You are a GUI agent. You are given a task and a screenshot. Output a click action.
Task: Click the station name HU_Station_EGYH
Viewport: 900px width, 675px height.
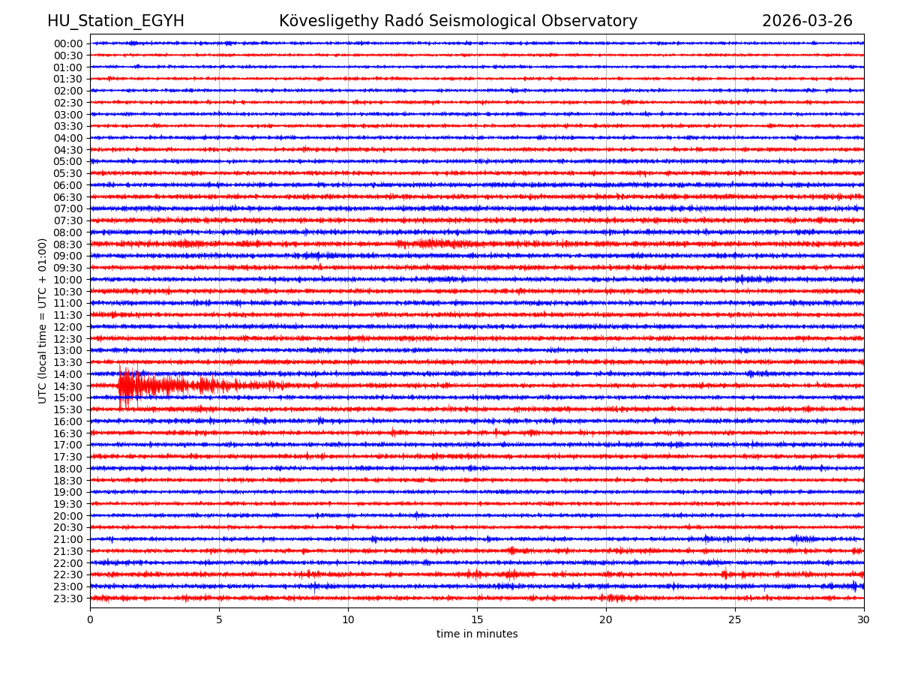click(x=115, y=21)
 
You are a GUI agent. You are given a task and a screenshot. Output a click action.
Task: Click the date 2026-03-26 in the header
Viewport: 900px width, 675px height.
click(x=807, y=21)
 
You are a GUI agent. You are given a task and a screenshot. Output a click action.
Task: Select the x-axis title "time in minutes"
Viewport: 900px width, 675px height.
click(x=477, y=634)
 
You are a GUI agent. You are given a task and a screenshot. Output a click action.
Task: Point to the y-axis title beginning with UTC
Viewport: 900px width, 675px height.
click(x=43, y=320)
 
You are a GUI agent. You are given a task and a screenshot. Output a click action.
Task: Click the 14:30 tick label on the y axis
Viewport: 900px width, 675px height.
click(x=67, y=386)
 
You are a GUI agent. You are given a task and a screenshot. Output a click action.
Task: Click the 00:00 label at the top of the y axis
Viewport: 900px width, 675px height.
click(x=67, y=43)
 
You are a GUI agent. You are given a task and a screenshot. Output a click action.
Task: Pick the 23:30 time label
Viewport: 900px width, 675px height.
click(x=67, y=598)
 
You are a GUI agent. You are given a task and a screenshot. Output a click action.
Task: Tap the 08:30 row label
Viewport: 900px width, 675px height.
click(x=67, y=244)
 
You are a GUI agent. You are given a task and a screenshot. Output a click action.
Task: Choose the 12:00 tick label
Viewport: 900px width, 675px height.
click(x=67, y=327)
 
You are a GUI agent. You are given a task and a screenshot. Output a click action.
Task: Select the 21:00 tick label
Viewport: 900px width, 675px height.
click(x=67, y=539)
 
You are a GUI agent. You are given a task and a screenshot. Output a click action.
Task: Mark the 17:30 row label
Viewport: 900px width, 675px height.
click(x=67, y=457)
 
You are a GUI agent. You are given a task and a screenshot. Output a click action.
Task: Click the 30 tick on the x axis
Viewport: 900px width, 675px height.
click(x=864, y=620)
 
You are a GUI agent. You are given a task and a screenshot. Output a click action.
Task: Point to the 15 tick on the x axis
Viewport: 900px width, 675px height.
click(x=477, y=620)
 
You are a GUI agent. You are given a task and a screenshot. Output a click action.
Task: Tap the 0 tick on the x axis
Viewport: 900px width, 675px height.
click(x=90, y=620)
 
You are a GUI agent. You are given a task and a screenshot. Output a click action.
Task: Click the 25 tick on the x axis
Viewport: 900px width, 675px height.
click(x=735, y=620)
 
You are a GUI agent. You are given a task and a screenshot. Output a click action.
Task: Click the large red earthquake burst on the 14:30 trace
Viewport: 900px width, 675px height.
click(x=127, y=385)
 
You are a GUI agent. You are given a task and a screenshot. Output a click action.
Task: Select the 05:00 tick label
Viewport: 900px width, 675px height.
click(x=67, y=161)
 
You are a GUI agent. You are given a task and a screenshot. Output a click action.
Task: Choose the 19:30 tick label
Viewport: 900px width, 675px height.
click(x=67, y=504)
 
